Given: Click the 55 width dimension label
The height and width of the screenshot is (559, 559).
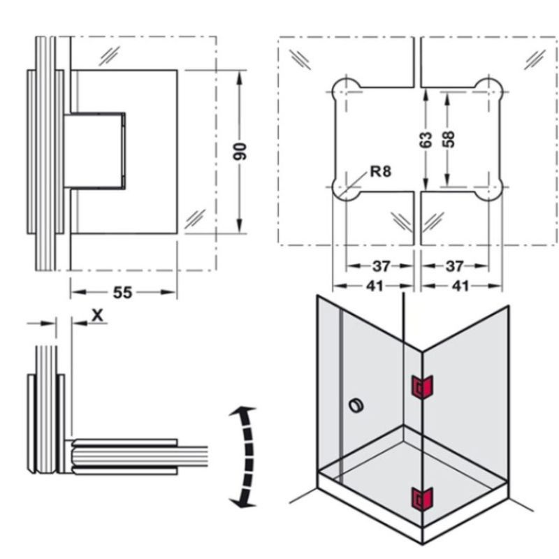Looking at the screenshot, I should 122,292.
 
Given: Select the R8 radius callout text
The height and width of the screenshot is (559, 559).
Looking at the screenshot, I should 380,170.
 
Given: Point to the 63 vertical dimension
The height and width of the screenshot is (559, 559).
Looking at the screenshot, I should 427,140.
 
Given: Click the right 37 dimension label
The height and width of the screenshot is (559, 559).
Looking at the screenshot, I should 455,266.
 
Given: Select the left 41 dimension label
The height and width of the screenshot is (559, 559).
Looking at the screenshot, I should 375,286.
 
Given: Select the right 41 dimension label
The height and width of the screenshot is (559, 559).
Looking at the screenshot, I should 460,286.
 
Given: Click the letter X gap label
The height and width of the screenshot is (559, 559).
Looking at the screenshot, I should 99,314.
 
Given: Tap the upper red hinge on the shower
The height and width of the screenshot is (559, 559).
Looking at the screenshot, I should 422,386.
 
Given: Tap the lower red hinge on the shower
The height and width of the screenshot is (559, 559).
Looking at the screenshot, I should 422,499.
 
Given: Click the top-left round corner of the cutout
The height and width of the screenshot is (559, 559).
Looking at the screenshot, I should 344,89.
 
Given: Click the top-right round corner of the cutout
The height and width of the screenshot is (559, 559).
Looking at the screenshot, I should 491,89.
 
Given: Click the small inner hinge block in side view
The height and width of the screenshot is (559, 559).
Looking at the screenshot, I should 96,151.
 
